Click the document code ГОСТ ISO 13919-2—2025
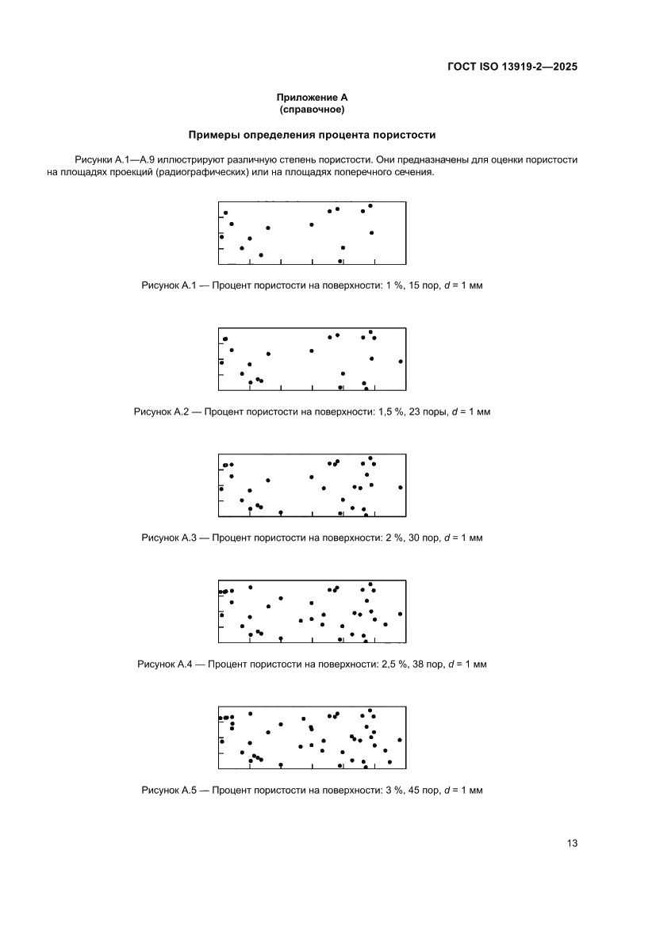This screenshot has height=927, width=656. point(511,67)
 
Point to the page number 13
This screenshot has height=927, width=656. point(572,843)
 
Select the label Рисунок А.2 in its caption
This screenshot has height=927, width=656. point(161,412)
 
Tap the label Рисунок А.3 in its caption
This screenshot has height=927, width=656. point(168,538)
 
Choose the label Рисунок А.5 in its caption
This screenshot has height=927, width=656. point(168,791)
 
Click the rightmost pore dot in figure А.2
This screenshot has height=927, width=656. point(401,361)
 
